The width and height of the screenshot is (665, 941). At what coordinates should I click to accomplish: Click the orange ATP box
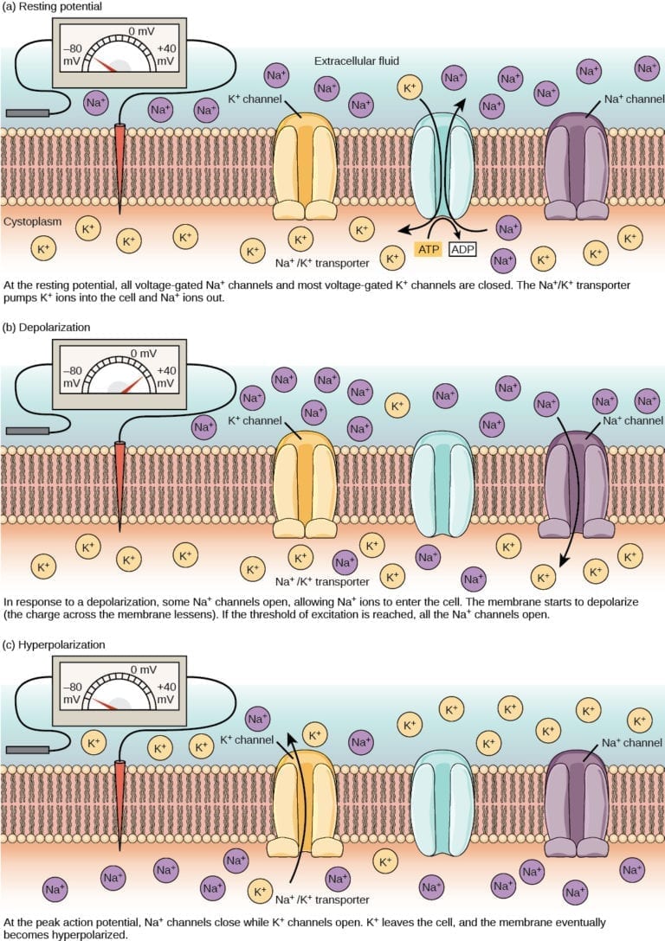click(x=429, y=250)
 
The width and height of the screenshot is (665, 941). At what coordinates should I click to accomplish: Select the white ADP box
click(x=463, y=250)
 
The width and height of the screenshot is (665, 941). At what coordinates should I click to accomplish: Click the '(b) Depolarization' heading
click(x=48, y=328)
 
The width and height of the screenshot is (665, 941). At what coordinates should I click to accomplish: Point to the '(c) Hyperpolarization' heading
click(x=56, y=645)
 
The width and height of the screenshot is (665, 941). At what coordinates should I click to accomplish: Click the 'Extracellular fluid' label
click(x=355, y=61)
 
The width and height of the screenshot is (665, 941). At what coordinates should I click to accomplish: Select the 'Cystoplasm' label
click(x=33, y=221)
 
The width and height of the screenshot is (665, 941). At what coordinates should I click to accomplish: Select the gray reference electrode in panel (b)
click(x=26, y=431)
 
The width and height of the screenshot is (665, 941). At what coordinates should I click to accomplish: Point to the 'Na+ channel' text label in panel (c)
click(x=632, y=742)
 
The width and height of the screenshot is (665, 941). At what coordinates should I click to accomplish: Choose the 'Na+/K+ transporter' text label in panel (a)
click(x=322, y=262)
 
